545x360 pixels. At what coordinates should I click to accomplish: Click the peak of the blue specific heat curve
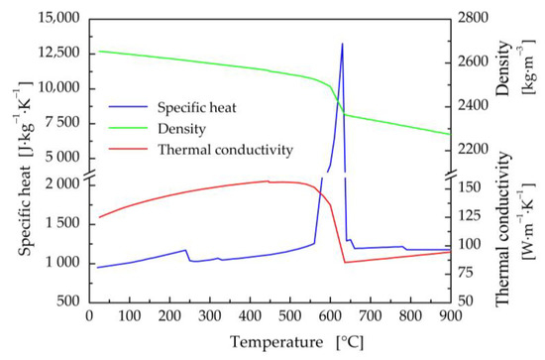342,44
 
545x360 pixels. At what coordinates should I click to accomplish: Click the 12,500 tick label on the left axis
56,54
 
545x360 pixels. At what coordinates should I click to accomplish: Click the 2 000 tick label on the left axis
61,184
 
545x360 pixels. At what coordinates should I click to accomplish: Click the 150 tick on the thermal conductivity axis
469,185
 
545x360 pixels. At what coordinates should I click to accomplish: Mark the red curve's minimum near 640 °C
344,262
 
